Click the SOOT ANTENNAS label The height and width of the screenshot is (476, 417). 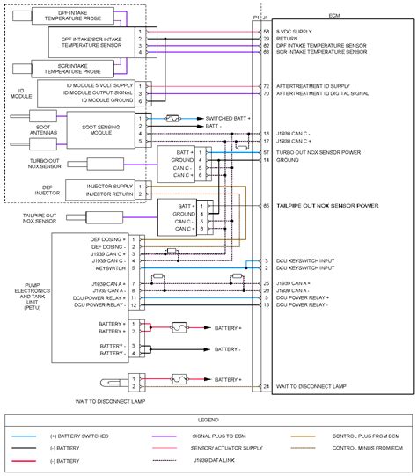(x=18, y=128)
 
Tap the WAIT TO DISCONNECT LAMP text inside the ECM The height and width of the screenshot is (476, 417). (x=311, y=386)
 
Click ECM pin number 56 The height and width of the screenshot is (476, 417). (x=266, y=31)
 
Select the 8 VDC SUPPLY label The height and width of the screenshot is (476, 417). (x=295, y=31)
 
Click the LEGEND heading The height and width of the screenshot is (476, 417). (x=208, y=421)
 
